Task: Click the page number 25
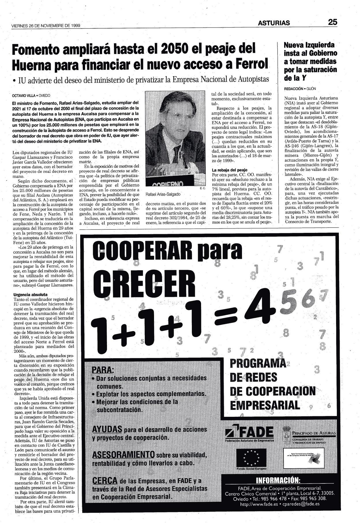pyautogui.click(x=332, y=22)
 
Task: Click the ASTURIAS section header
pyautogui.click(x=274, y=23)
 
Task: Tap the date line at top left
pyautogui.click(x=46, y=25)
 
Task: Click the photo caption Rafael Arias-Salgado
pyautogui.click(x=163, y=194)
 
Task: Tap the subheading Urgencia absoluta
pyautogui.click(x=31, y=295)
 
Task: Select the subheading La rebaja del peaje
pyautogui.click(x=230, y=170)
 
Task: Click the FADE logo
pyautogui.click(x=249, y=433)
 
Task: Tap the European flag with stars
pyautogui.click(x=251, y=458)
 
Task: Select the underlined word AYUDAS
pyautogui.click(x=107, y=429)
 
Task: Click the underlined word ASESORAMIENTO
pyautogui.click(x=123, y=455)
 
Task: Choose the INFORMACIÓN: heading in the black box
pyautogui.click(x=278, y=480)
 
